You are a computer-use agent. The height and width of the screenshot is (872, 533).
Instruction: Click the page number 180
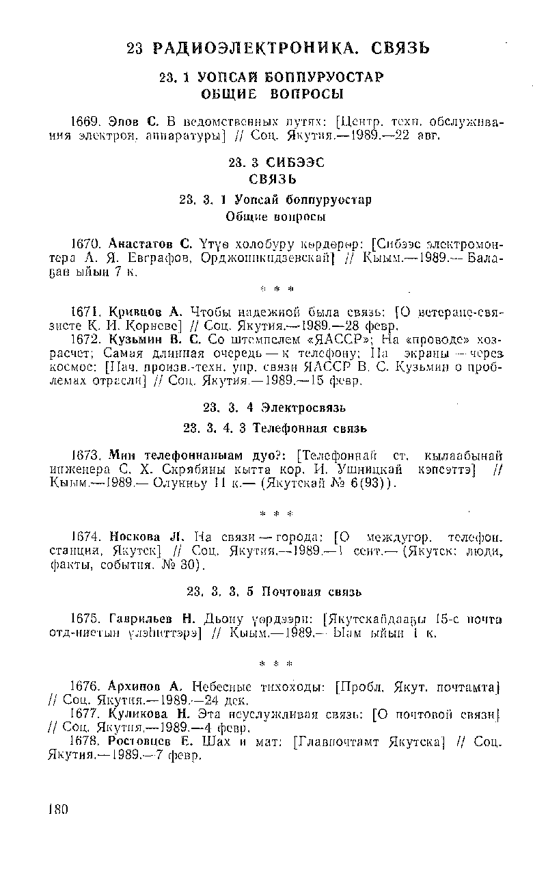coord(59,809)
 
